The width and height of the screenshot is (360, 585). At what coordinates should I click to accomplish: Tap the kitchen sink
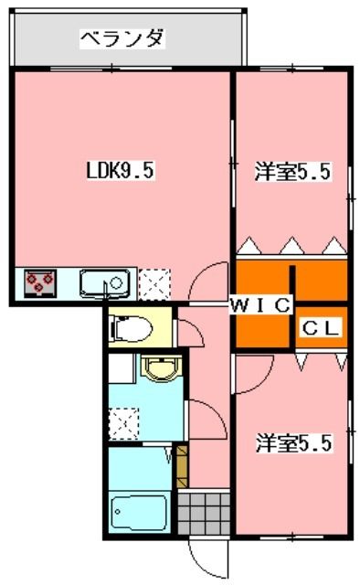(106, 283)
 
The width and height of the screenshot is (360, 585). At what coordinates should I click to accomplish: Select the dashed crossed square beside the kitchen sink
(154, 283)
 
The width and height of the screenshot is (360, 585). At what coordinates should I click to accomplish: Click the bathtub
(138, 513)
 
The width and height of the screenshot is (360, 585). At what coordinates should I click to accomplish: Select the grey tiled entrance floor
(202, 512)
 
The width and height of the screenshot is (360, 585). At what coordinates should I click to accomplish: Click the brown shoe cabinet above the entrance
(181, 464)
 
